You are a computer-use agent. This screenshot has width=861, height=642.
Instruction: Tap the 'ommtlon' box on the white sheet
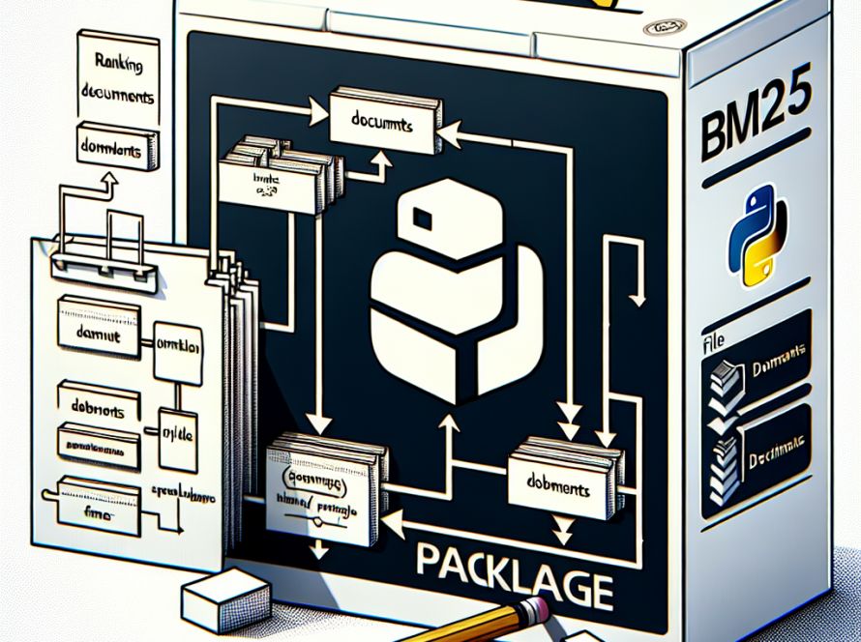(177, 345)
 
